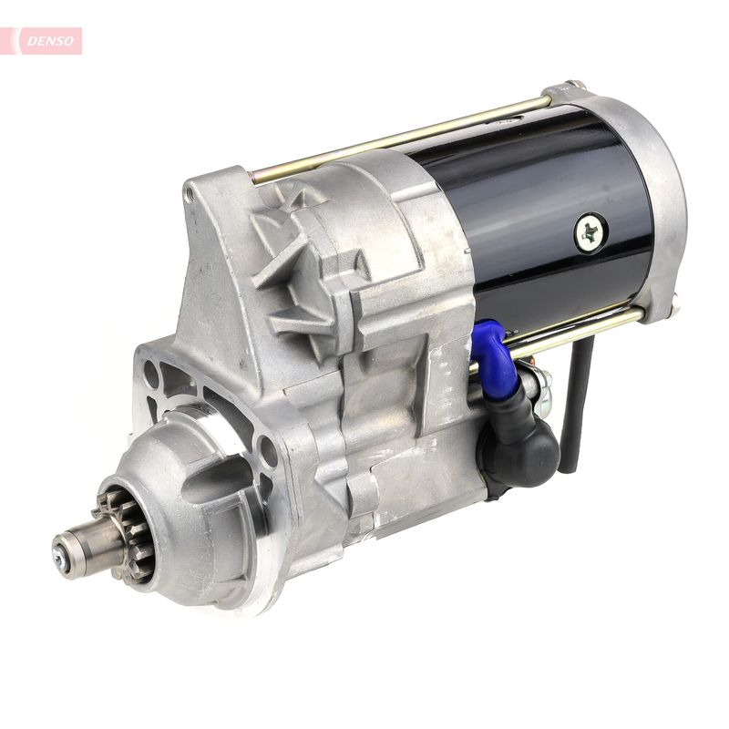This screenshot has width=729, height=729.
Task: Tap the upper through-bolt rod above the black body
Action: click(401, 137)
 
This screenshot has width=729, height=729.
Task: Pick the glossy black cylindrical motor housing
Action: click(538, 219)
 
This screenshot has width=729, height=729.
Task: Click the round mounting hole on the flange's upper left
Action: click(151, 374)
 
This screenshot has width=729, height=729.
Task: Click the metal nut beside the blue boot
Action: click(539, 383)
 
